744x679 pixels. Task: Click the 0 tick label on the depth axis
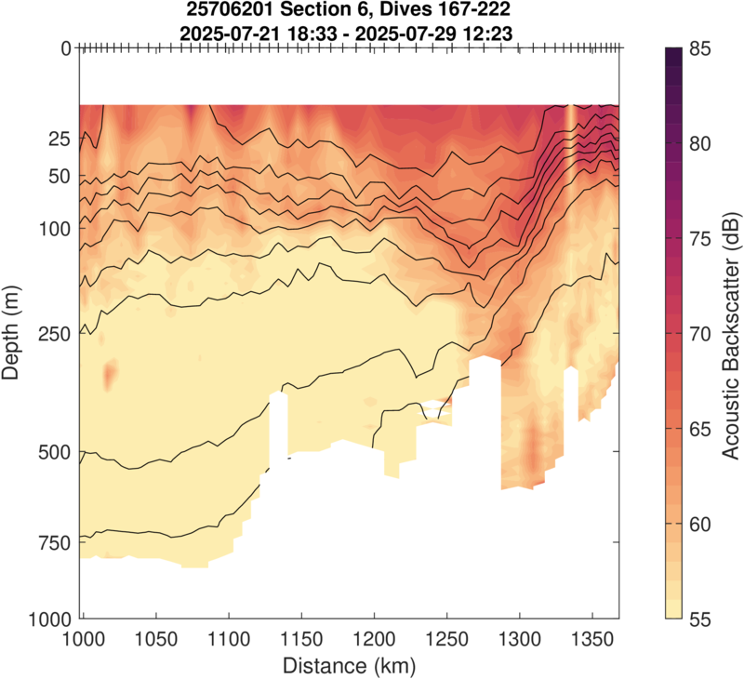pyautogui.click(x=66, y=48)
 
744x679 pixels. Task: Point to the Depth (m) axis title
pyautogui.click(x=13, y=333)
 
